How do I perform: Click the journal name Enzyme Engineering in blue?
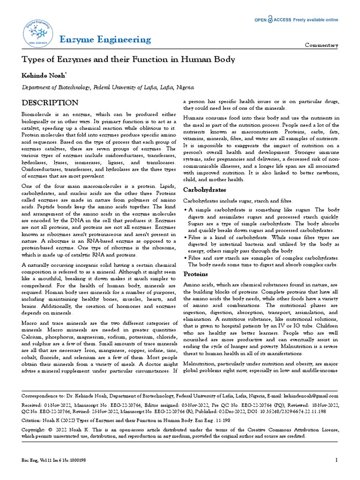click(105, 39)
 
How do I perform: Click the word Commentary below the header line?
click(322, 45)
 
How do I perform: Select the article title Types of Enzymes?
click(128, 60)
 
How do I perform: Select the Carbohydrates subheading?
click(204, 190)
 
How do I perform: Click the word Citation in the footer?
click(31, 421)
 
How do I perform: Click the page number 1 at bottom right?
click(337, 460)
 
